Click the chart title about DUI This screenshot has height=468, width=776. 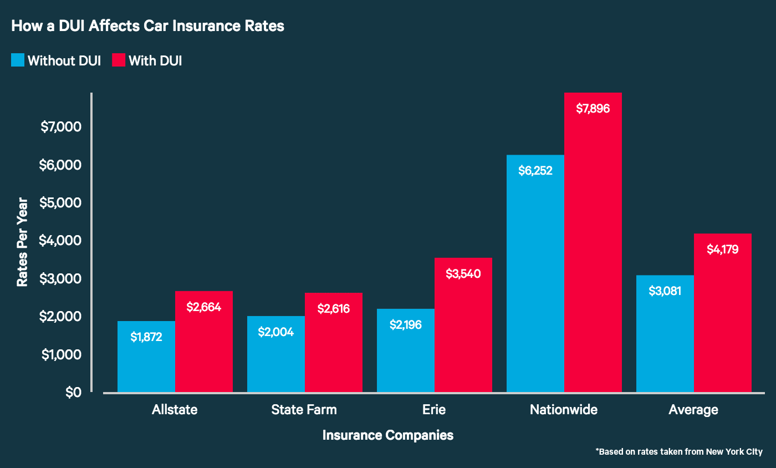pyautogui.click(x=147, y=26)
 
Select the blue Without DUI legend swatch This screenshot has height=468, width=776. pyautogui.click(x=18, y=60)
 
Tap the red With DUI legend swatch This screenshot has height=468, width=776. pyautogui.click(x=119, y=60)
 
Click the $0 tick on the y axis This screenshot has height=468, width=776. pyautogui.click(x=73, y=392)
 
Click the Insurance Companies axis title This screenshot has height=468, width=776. pyautogui.click(x=387, y=435)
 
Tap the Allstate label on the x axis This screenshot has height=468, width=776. pyautogui.click(x=175, y=410)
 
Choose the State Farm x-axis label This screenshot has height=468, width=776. pyautogui.click(x=304, y=410)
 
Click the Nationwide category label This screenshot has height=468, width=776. pyautogui.click(x=564, y=410)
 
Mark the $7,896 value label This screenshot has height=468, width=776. pyautogui.click(x=593, y=109)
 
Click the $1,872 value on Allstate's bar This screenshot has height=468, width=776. pyautogui.click(x=146, y=337)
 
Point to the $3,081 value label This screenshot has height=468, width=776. pyautogui.click(x=665, y=291)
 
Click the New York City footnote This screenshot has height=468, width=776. pyautogui.click(x=679, y=451)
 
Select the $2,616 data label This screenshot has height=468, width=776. pyautogui.click(x=334, y=309)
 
